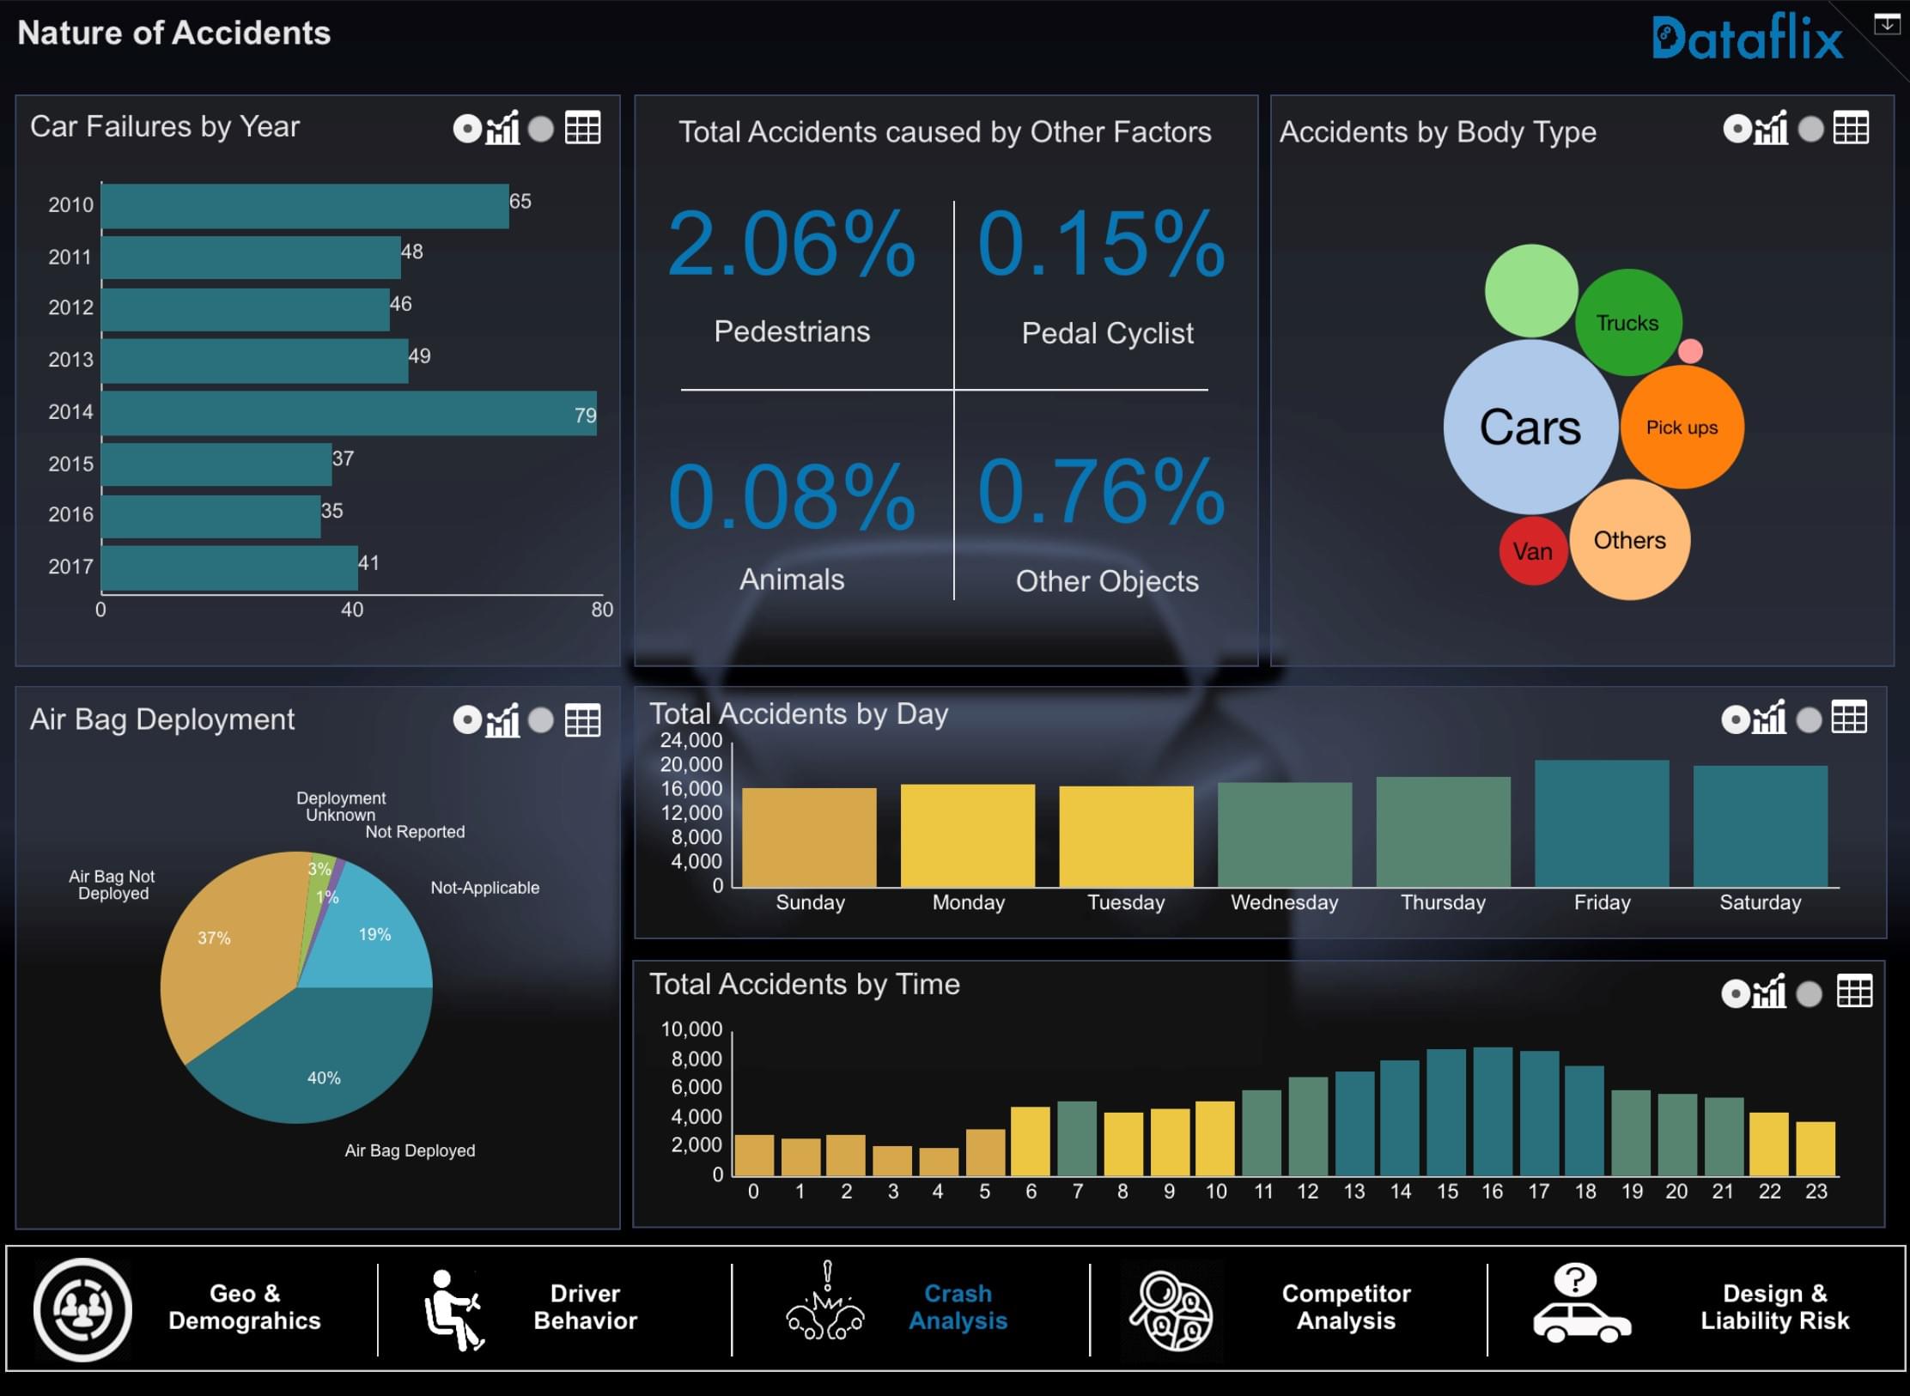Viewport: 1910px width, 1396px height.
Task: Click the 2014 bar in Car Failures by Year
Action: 348,413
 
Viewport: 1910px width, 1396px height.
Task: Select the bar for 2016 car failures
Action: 210,516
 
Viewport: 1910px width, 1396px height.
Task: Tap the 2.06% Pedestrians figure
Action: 791,244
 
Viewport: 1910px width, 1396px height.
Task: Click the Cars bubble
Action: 1530,427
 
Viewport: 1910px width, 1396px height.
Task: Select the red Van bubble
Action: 1532,551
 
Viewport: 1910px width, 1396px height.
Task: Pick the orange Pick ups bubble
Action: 1682,427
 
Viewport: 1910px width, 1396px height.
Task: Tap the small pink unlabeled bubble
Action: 1689,350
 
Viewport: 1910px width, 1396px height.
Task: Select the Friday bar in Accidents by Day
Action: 1602,823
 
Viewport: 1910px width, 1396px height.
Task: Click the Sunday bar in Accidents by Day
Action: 809,837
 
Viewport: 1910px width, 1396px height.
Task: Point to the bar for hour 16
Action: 1493,1111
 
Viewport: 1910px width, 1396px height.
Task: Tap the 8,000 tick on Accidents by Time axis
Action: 696,1059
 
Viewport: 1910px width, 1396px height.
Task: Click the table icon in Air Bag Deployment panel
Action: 582,720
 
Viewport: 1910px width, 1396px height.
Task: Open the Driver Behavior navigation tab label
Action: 585,1307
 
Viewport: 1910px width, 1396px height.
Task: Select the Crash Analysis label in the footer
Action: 958,1307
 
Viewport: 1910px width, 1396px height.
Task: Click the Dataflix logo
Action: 1747,38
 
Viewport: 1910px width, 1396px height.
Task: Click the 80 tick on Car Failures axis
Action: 602,610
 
